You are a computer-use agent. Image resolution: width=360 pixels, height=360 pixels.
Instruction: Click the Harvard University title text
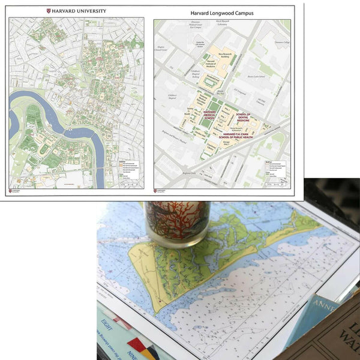click(80, 11)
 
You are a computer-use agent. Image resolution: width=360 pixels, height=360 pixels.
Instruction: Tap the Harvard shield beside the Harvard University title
click(49, 11)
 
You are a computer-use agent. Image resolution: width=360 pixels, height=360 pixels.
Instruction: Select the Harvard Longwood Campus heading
click(223, 12)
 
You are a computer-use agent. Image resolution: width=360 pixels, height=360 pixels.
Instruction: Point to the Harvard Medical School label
click(209, 115)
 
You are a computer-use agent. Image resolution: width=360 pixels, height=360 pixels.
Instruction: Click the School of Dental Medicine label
click(244, 117)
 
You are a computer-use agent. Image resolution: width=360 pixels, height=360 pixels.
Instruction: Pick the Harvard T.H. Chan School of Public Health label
click(243, 136)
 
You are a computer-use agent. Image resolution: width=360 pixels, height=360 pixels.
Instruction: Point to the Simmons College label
click(281, 43)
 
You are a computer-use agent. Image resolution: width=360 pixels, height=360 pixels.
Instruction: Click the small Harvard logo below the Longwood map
click(161, 191)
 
